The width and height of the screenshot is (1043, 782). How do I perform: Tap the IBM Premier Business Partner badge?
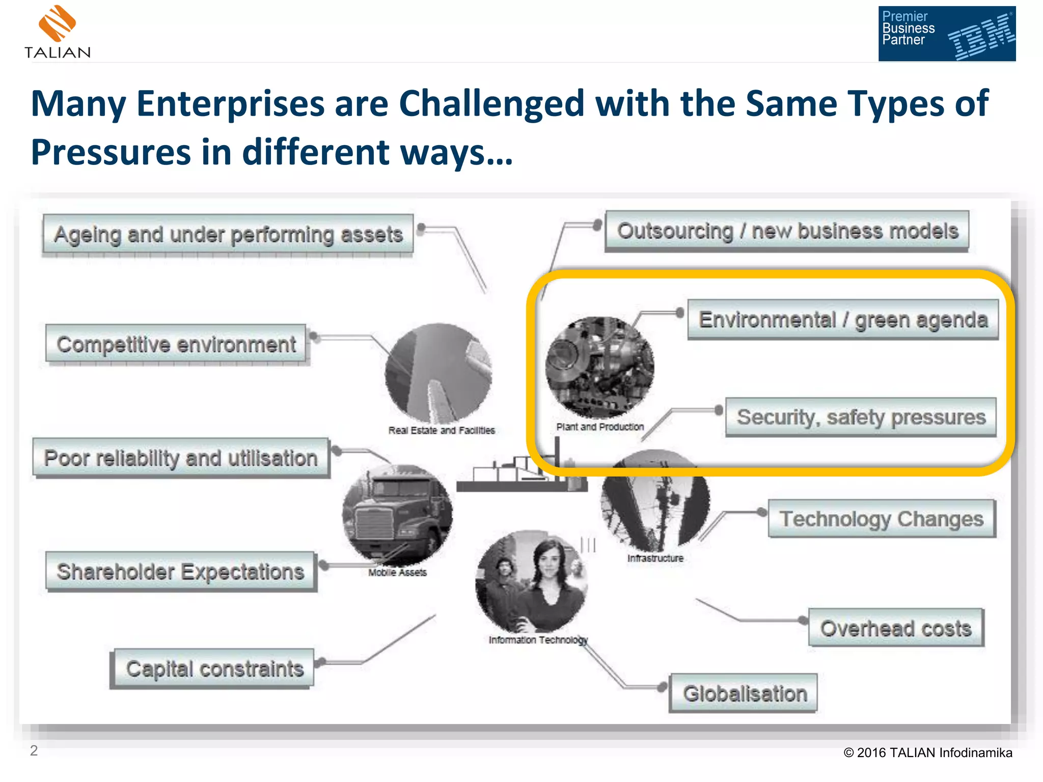tap(946, 34)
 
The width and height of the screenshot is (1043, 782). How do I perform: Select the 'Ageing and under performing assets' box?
tap(228, 234)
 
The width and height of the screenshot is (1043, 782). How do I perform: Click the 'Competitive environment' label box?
tap(176, 344)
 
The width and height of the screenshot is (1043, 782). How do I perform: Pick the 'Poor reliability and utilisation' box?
tap(181, 458)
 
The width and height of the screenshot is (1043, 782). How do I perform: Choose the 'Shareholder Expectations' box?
tap(180, 571)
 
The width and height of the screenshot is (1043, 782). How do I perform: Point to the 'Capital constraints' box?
tap(214, 668)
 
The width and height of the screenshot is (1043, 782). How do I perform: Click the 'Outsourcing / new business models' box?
tap(787, 231)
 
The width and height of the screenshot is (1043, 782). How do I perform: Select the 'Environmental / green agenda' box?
tap(843, 320)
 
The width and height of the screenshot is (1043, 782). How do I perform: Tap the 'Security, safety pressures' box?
tap(861, 417)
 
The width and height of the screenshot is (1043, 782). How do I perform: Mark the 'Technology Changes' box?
tap(882, 519)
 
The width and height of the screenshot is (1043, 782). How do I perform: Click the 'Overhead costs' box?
tap(896, 628)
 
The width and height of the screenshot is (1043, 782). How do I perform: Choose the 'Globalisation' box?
tap(745, 693)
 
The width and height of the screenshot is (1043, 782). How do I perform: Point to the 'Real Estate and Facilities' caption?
tap(442, 430)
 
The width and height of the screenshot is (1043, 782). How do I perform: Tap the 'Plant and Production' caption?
tap(600, 427)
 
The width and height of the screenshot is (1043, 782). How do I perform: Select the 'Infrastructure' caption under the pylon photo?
tap(655, 558)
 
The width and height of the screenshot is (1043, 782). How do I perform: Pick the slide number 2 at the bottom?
tap(34, 750)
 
